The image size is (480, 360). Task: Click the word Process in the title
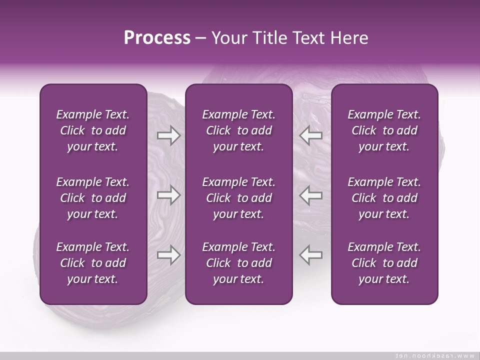(157, 38)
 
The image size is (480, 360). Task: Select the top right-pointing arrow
(168, 135)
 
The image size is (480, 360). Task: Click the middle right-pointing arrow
(168, 195)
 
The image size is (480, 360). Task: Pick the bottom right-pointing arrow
(168, 255)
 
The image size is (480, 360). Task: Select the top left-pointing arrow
(310, 135)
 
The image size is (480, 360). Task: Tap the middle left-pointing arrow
(310, 195)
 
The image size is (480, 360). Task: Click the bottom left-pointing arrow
(310, 255)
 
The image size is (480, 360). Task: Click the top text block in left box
(93, 130)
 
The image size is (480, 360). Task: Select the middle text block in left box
(93, 198)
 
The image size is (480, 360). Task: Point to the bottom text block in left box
(93, 263)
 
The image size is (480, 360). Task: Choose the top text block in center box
(238, 130)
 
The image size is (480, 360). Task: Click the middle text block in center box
(238, 198)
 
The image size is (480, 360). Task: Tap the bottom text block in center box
(238, 263)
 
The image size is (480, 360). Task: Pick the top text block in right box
(384, 130)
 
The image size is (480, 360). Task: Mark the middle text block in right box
(384, 198)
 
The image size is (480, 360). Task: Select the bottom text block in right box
(384, 263)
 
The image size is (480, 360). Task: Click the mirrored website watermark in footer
(434, 355)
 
